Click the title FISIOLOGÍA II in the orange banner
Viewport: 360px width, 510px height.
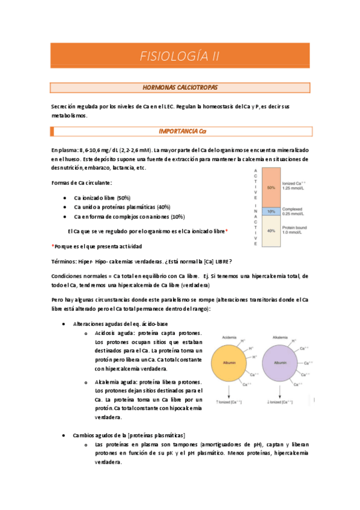pyautogui.click(x=180, y=57)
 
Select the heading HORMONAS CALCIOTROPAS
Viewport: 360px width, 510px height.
pyautogui.click(x=180, y=88)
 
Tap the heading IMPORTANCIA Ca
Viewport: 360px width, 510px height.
pyautogui.click(x=180, y=131)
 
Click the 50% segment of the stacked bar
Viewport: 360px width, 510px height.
pyautogui.click(x=272, y=188)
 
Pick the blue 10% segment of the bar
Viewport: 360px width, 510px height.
pyautogui.click(x=272, y=211)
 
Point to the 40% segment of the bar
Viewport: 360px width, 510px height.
pyautogui.click(x=272, y=231)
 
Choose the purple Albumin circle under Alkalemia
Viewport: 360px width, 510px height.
pyautogui.click(x=279, y=363)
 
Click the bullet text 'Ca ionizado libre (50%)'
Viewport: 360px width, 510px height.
pyautogui.click(x=102, y=198)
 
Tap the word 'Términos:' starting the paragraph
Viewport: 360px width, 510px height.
pyautogui.click(x=64, y=261)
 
